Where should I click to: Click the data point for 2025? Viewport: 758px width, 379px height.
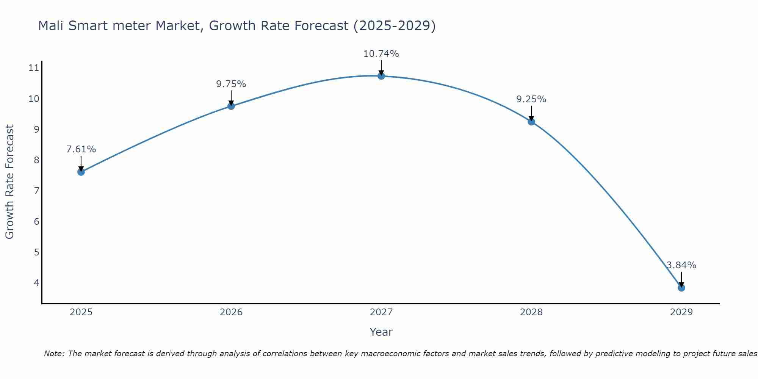tap(81, 172)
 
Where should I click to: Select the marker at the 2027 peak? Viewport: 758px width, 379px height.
tap(381, 76)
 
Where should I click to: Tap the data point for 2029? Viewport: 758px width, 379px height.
tap(681, 288)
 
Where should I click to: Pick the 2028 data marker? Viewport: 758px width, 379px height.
tap(531, 122)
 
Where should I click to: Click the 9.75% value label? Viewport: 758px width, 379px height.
tap(231, 84)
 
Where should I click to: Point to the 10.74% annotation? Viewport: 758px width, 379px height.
tap(381, 54)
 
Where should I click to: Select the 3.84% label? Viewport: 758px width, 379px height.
tap(681, 265)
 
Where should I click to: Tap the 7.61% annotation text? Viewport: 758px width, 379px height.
tap(81, 149)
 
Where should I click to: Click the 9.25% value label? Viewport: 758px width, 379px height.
tap(531, 99)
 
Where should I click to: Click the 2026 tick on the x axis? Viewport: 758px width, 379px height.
tap(231, 312)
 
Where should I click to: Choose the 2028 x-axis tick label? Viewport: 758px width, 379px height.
tap(531, 312)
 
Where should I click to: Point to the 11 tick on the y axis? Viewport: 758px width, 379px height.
tap(34, 68)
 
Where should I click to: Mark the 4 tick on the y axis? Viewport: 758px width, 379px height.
tap(36, 283)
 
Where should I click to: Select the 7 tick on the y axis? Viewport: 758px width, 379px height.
tap(36, 191)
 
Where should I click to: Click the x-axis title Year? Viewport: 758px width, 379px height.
tap(381, 332)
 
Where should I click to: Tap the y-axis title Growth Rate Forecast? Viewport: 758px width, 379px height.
tap(9, 182)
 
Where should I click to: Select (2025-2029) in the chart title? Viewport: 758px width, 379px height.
tap(394, 26)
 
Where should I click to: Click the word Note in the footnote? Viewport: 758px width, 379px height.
tap(54, 354)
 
